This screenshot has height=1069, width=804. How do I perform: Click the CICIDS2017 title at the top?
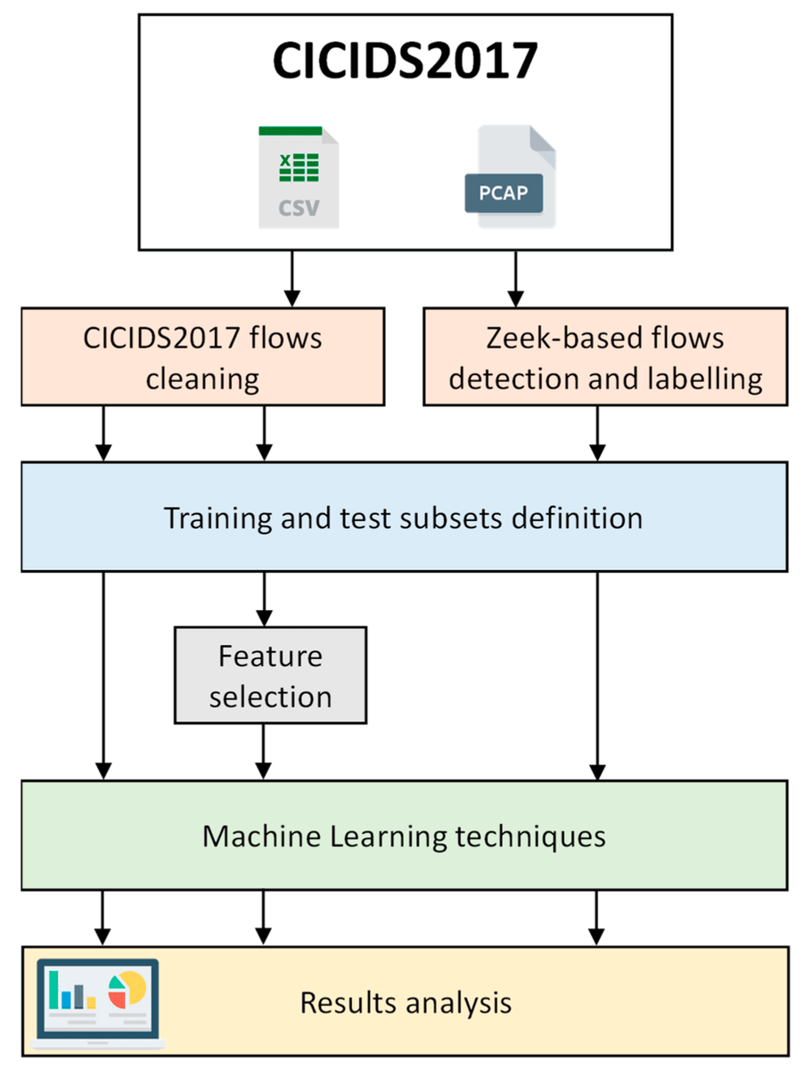click(x=405, y=61)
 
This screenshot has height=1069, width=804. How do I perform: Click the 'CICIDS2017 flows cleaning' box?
click(x=202, y=357)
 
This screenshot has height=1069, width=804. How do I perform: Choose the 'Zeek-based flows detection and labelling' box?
click(x=605, y=357)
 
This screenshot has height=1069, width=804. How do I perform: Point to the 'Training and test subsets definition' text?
click(x=403, y=517)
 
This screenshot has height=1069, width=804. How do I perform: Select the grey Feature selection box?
click(x=270, y=674)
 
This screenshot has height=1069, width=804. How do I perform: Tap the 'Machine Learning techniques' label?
click(x=404, y=836)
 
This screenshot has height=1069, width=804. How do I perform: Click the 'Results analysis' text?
click(x=406, y=1002)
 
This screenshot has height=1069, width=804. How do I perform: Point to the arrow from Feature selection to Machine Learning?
click(x=263, y=751)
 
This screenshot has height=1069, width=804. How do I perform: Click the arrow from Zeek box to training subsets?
click(x=596, y=434)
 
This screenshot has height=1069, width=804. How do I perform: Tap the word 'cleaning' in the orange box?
click(x=202, y=379)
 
